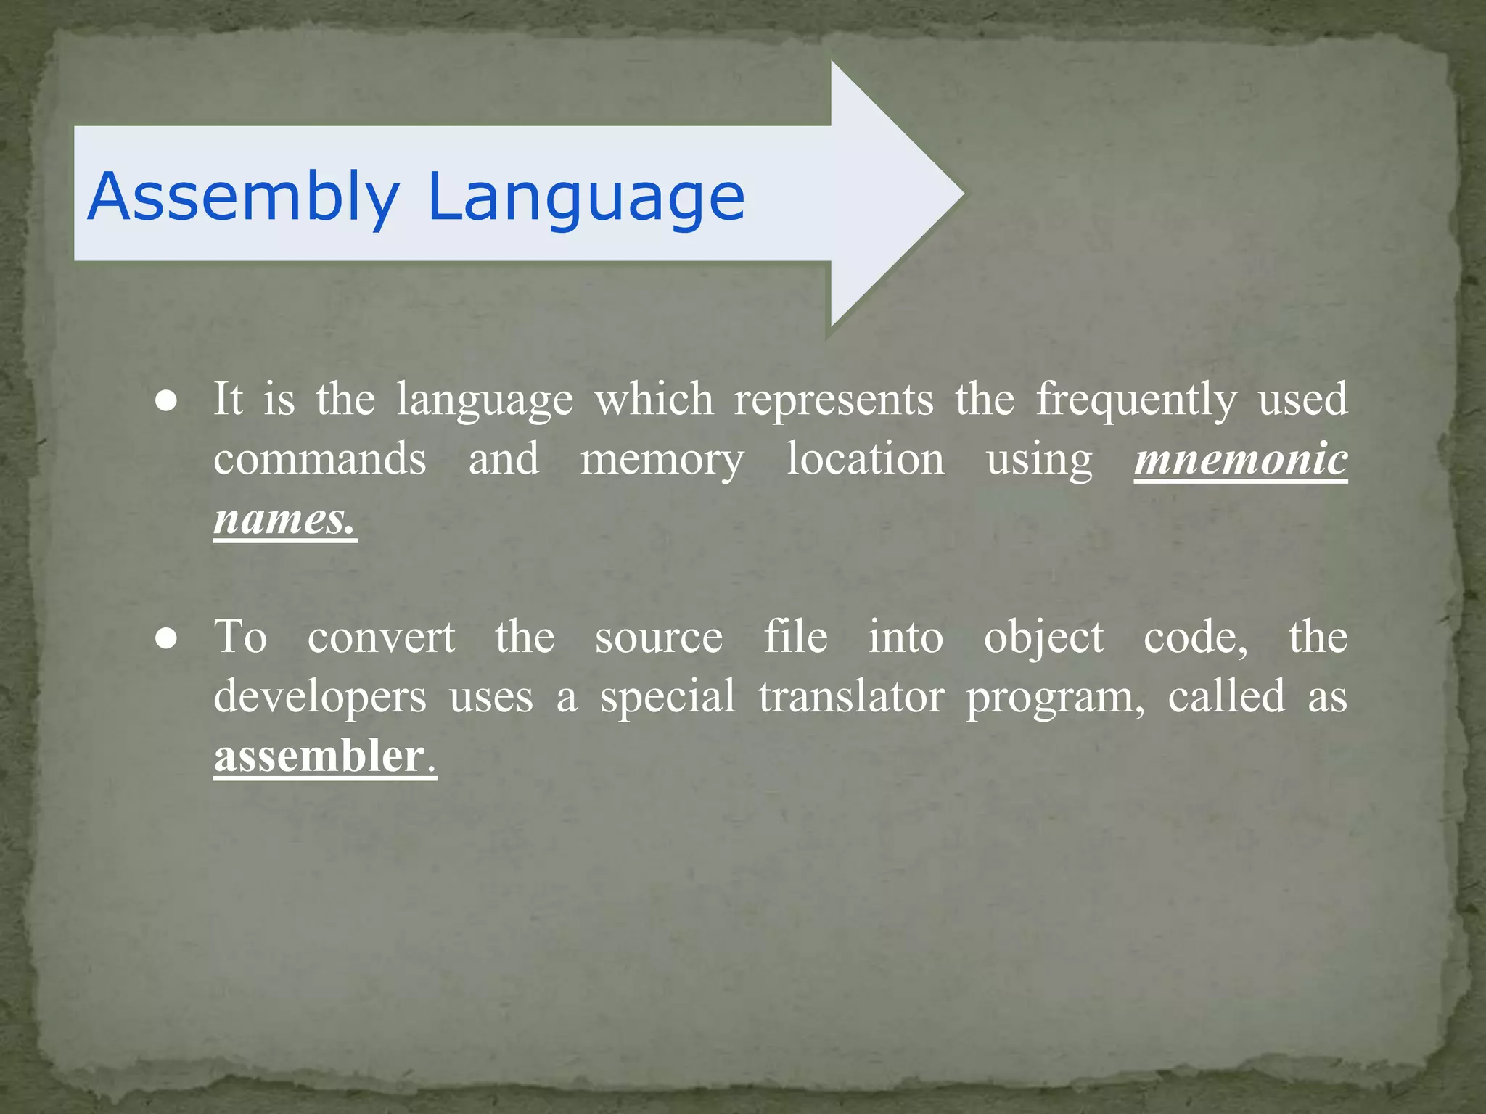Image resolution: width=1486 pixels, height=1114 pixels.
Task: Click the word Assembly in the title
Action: (x=244, y=197)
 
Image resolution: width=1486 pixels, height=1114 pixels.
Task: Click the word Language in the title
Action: (x=586, y=197)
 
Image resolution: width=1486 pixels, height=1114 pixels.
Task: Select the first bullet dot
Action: (x=166, y=402)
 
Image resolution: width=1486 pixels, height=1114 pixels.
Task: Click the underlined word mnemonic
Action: (x=1241, y=460)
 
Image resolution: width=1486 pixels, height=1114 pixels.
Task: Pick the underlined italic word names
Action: (x=284, y=519)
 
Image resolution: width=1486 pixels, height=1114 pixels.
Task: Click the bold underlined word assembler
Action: (x=319, y=756)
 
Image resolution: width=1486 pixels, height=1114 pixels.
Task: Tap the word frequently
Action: (x=1136, y=400)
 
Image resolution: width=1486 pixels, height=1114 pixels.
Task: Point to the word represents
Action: (x=834, y=400)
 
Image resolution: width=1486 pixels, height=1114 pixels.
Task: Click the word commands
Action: (x=320, y=460)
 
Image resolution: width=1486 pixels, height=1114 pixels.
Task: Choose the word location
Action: (x=866, y=460)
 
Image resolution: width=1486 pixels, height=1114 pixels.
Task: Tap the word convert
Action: (x=382, y=638)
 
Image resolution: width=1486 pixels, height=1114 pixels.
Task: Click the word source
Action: (x=659, y=638)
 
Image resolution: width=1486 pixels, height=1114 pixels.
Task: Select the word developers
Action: (x=320, y=698)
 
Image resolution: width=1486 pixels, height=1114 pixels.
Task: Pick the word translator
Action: (x=851, y=697)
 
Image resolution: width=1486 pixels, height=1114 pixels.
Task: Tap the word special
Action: (x=668, y=698)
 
